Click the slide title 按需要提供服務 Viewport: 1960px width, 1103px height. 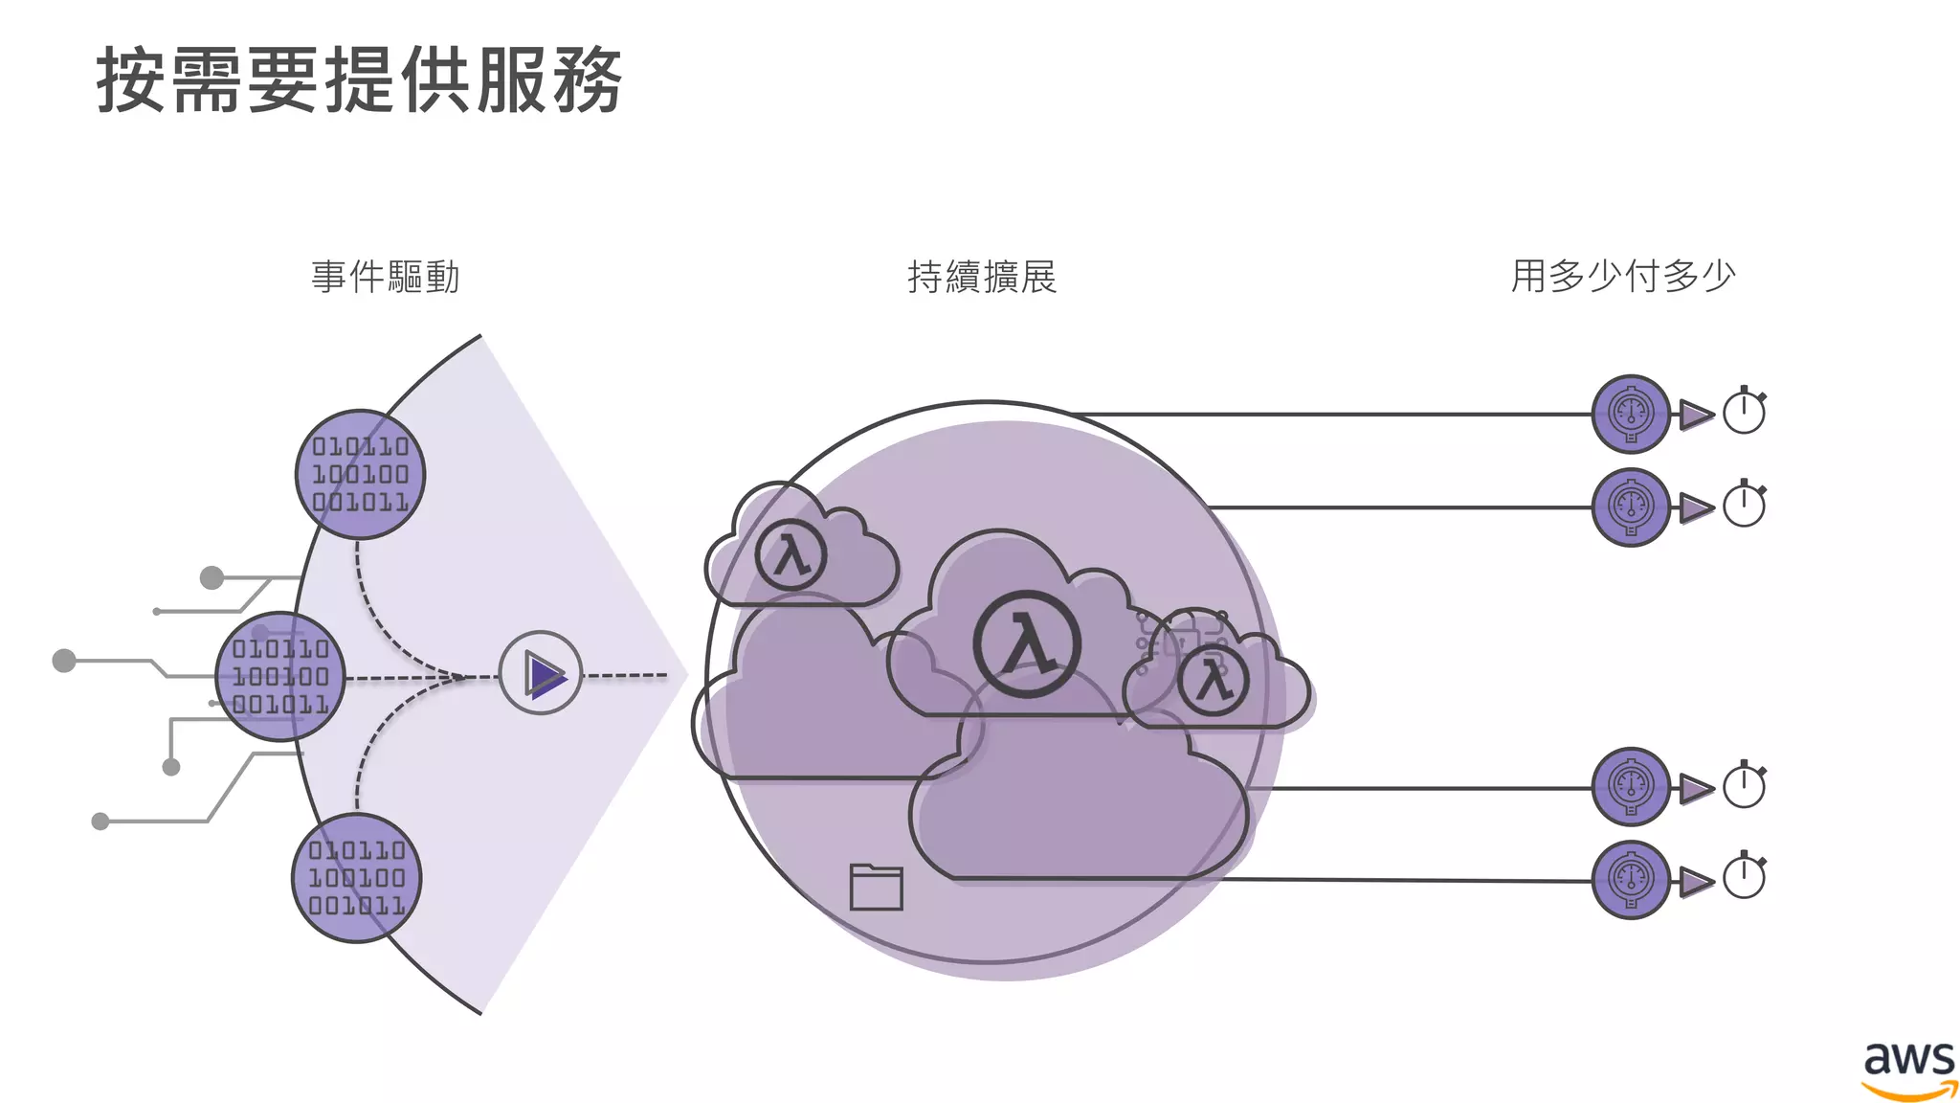pyautogui.click(x=359, y=80)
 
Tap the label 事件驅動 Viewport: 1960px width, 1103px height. pyautogui.click(x=386, y=277)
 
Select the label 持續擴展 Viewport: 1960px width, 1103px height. pyautogui.click(x=982, y=277)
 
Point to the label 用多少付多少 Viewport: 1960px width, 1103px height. pyautogui.click(x=1623, y=276)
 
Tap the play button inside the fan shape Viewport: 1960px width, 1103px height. pyautogui.click(x=542, y=673)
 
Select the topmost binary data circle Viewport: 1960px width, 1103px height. pyautogui.click(x=360, y=474)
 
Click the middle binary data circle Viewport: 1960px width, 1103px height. pyautogui.click(x=280, y=676)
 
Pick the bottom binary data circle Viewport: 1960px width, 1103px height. pyautogui.click(x=356, y=878)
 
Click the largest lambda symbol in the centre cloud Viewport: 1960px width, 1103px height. pyautogui.click(x=1027, y=643)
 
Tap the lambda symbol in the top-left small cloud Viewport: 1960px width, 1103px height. pyautogui.click(x=791, y=554)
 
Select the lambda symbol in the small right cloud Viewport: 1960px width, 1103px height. pyautogui.click(x=1214, y=681)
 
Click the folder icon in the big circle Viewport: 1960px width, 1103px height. pyautogui.click(x=876, y=887)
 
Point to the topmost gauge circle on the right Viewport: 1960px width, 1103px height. pyautogui.click(x=1631, y=414)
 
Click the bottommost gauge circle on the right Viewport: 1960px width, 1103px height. pyautogui.click(x=1631, y=879)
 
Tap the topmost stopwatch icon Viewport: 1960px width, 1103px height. pyautogui.click(x=1744, y=412)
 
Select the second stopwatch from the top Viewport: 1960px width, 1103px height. pyautogui.click(x=1744, y=505)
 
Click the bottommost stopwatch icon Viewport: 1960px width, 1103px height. pyautogui.click(x=1744, y=876)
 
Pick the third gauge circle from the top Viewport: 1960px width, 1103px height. pyautogui.click(x=1631, y=787)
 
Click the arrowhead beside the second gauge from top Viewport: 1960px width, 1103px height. pyautogui.click(x=1695, y=507)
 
